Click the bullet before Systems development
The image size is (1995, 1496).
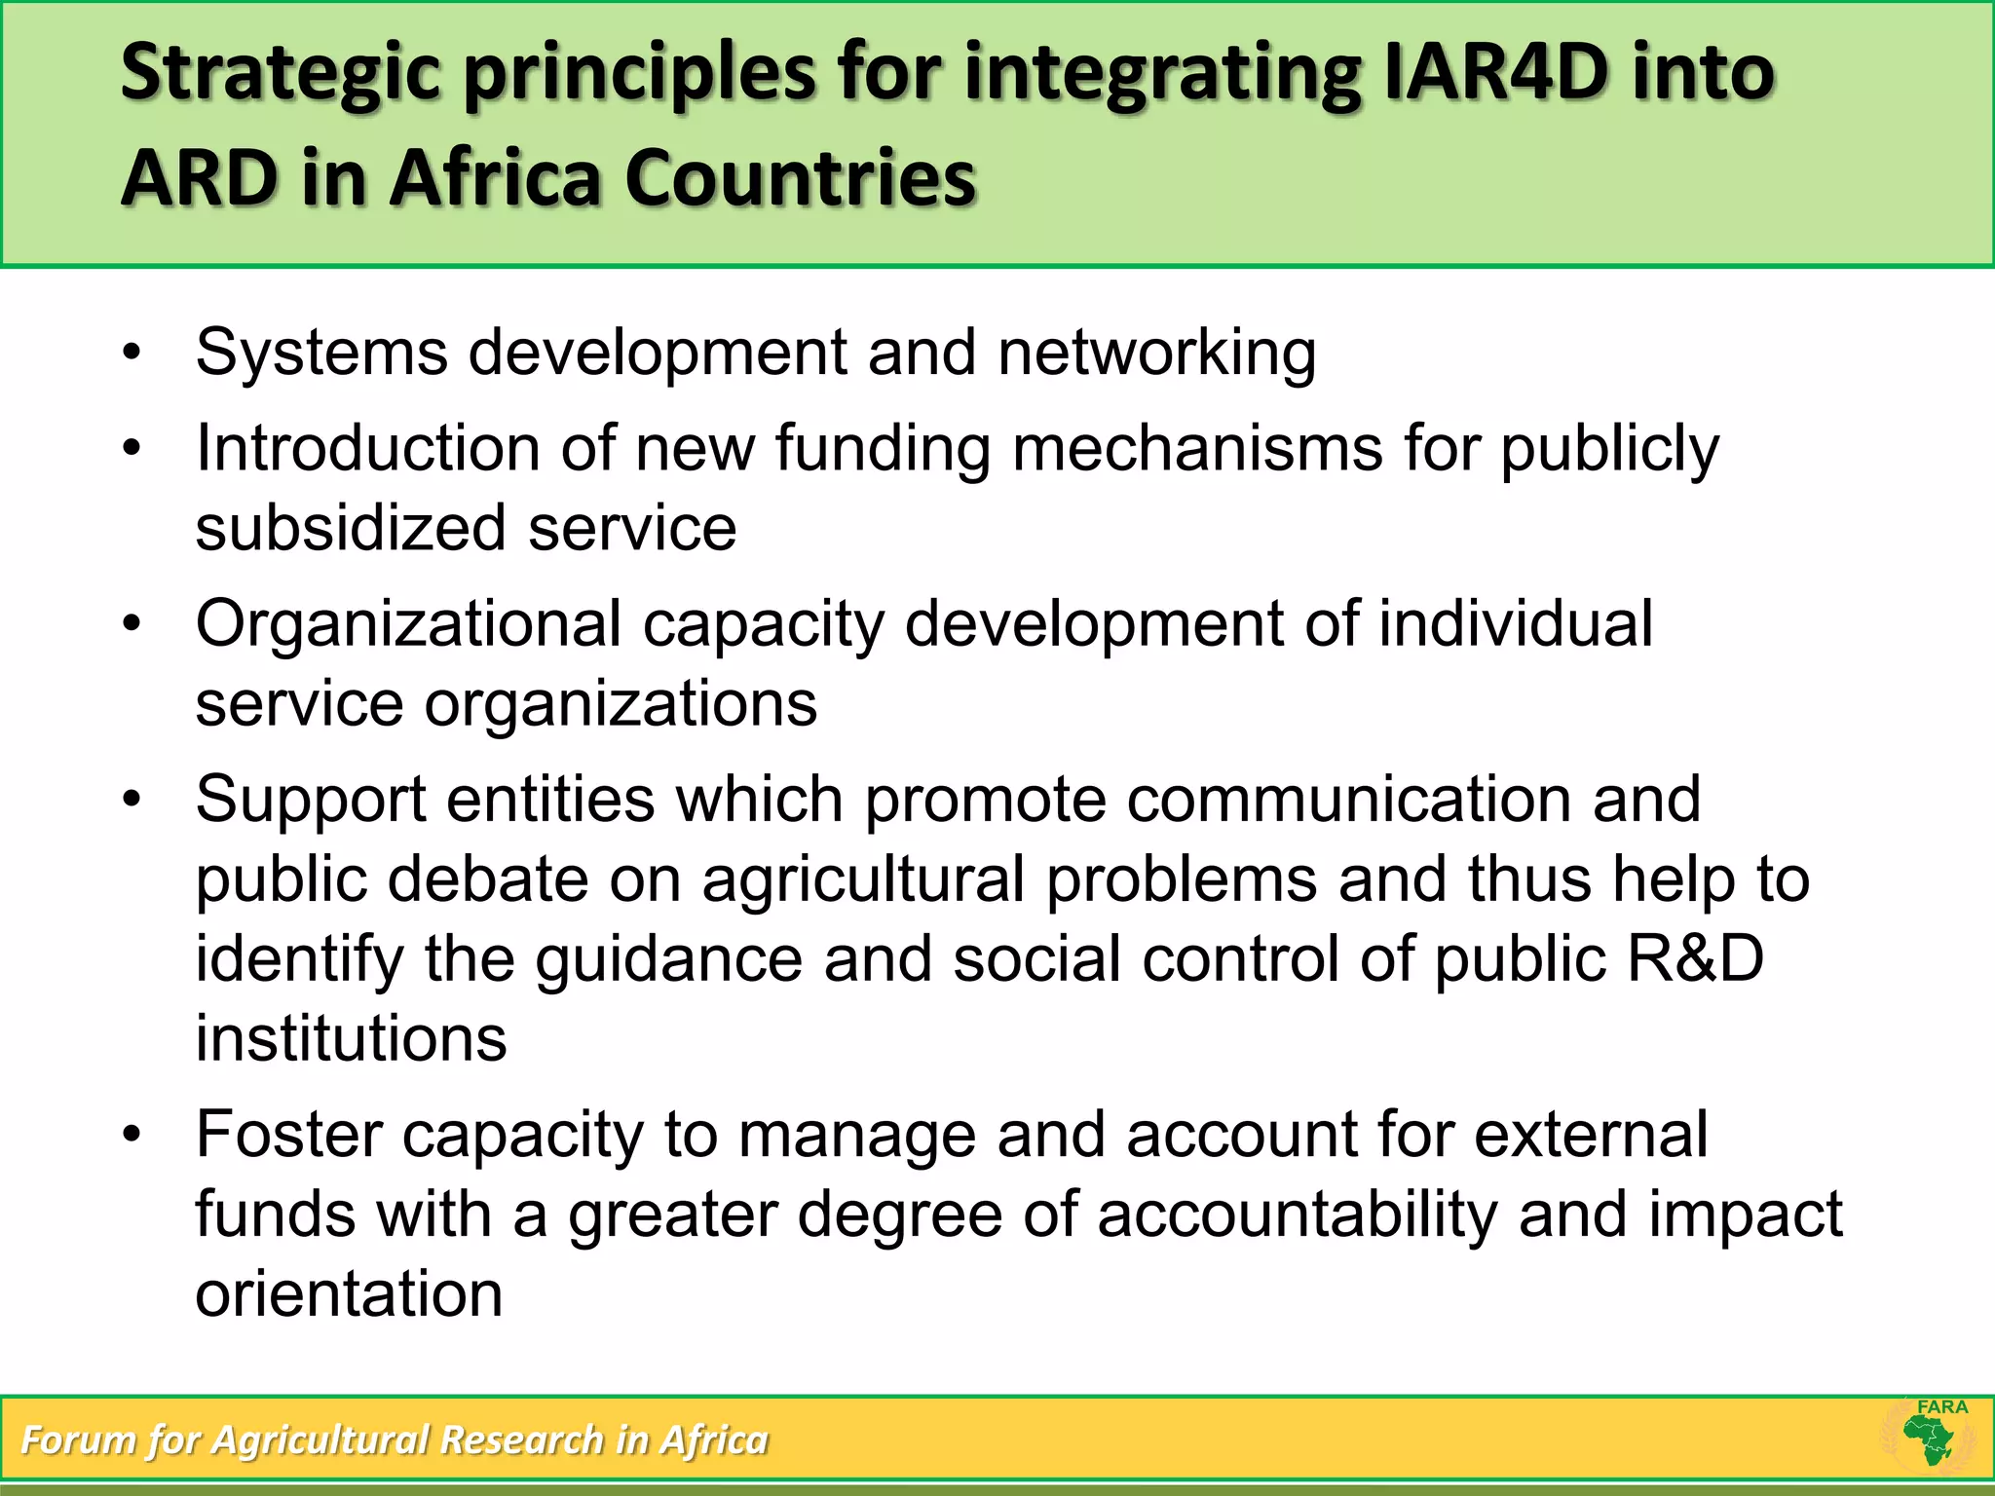point(132,353)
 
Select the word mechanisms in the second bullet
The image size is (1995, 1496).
point(1197,449)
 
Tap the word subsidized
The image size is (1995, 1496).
point(351,528)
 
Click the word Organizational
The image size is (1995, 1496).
point(408,624)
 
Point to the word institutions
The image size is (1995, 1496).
point(351,1038)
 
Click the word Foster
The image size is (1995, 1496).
point(289,1135)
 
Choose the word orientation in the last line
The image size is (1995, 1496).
point(349,1294)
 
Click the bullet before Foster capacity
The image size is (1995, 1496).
point(132,1135)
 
